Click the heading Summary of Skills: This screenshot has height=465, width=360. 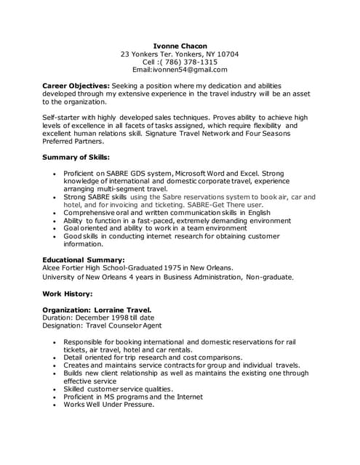pyautogui.click(x=76, y=157)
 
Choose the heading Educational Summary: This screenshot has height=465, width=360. pyautogui.click(x=84, y=259)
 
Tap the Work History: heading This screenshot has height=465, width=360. pyautogui.click(x=68, y=294)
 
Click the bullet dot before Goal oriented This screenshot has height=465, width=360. pyautogui.click(x=55, y=228)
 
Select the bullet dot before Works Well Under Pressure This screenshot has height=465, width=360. pyautogui.click(x=55, y=405)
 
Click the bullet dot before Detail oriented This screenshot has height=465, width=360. pyautogui.click(x=55, y=357)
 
